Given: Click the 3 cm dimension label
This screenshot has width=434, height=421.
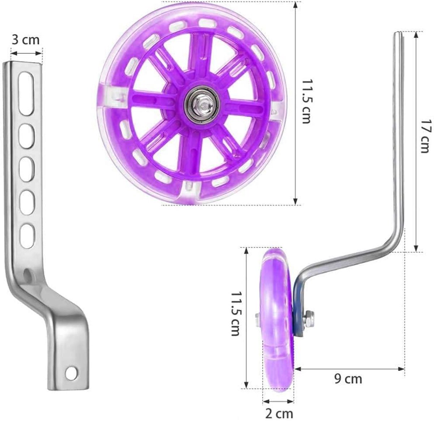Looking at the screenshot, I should click(x=25, y=39).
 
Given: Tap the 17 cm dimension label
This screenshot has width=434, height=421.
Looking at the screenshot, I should click(x=426, y=136).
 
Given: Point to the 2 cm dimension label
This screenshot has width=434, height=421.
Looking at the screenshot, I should click(x=278, y=413).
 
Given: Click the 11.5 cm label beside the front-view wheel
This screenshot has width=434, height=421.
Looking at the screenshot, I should click(x=306, y=101).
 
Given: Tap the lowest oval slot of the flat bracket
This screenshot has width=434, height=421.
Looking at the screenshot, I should click(x=27, y=236).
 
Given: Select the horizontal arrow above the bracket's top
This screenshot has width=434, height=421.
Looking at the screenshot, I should click(x=26, y=53).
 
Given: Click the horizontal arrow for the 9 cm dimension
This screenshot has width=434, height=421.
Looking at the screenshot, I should click(x=349, y=369).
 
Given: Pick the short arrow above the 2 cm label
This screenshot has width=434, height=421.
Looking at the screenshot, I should click(x=278, y=401).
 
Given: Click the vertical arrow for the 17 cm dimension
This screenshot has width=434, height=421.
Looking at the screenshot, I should click(x=416, y=141).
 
